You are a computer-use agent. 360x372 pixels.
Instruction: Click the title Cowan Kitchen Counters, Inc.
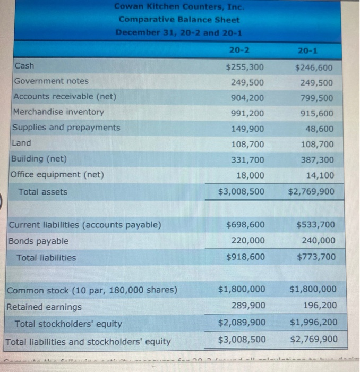179,7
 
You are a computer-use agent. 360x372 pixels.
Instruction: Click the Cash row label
24,66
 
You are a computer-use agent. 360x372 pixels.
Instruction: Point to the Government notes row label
52,81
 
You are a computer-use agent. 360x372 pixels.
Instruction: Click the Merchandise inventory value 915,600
316,114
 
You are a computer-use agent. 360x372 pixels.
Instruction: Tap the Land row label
23,143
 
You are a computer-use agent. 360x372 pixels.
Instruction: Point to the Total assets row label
43,192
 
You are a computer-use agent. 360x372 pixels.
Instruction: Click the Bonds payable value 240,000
318,241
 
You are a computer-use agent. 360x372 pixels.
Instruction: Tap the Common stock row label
92,290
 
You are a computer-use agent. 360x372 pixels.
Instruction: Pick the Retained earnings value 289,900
248,306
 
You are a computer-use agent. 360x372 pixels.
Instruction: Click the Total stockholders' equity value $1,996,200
313,323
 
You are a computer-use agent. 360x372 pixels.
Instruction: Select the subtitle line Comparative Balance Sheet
179,20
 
